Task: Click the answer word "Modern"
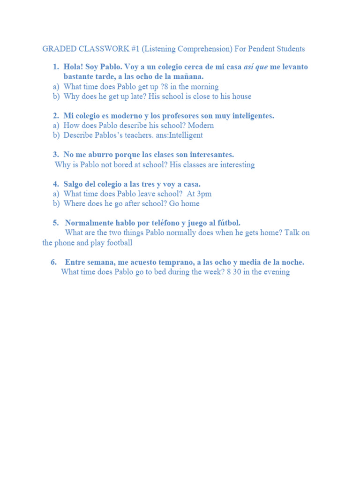tap(201, 126)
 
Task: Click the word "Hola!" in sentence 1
tap(74, 67)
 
